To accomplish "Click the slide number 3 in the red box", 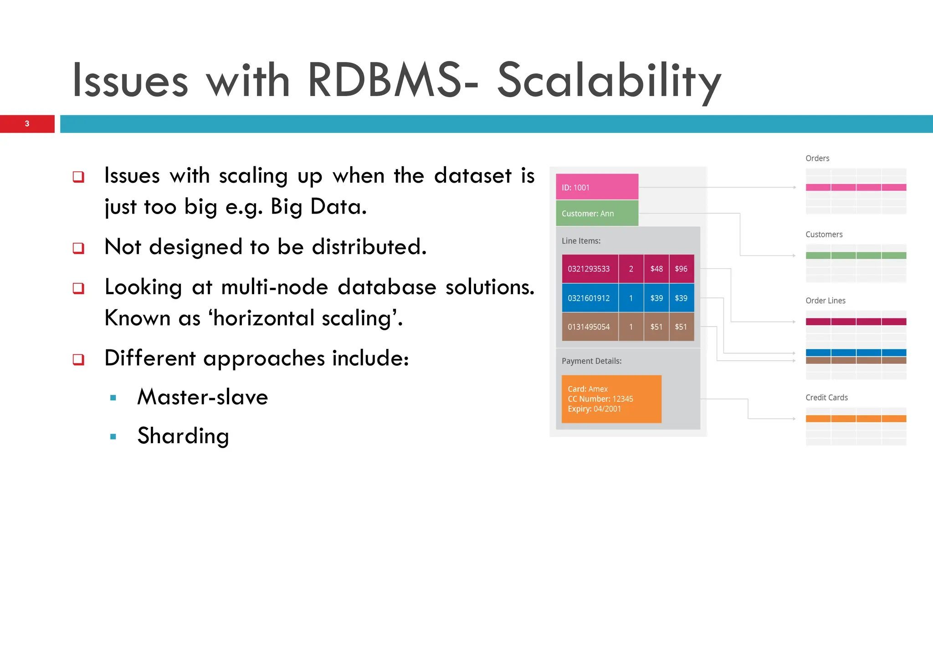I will coord(27,124).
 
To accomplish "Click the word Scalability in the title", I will coord(609,81).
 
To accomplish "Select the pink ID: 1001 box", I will coord(596,187).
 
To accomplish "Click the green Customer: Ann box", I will coord(596,213).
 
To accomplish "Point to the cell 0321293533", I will coord(589,269).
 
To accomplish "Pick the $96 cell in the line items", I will coord(681,269).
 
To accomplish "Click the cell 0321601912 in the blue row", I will coord(589,298).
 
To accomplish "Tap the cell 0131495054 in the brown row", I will coord(589,327).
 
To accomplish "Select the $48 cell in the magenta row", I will coord(656,269).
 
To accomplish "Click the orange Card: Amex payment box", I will coord(611,399).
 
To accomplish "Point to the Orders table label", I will coord(817,159).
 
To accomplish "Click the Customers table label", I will coord(824,235).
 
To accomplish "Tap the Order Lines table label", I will coord(825,301).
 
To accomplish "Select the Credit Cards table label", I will coord(826,398).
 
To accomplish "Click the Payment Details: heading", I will coord(591,361).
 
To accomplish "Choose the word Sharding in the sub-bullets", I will coord(183,436).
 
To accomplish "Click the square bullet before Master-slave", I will coord(113,398).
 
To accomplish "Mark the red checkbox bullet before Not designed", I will coord(78,248).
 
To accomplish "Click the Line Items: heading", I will coord(581,241).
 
